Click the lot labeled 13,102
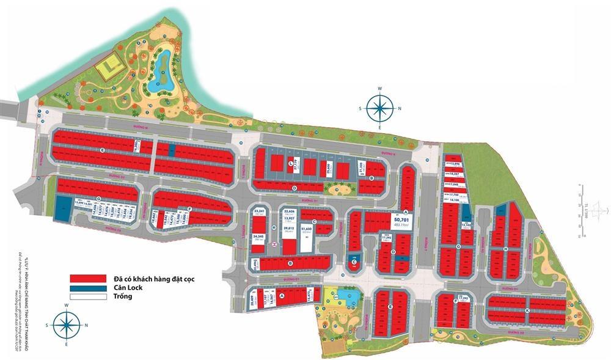click(467, 226)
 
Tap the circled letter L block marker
click(290, 163)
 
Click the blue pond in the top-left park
click(163, 72)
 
